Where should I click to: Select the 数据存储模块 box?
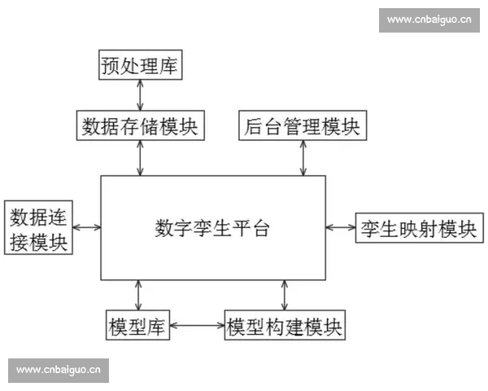click(140, 126)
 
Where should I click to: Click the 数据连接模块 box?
click(39, 228)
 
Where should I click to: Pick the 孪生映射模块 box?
click(417, 228)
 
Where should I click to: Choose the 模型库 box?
click(137, 327)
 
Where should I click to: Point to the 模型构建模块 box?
click(285, 327)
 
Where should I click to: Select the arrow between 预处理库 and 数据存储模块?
click(141, 95)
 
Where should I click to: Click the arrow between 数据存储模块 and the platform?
click(141, 158)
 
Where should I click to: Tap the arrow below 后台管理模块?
click(303, 158)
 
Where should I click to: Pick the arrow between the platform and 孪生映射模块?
click(340, 228)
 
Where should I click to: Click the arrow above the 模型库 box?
click(138, 294)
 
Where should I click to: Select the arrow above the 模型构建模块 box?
click(285, 294)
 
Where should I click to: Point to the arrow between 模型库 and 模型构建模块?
click(196, 327)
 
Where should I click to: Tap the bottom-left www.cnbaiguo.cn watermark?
click(59, 370)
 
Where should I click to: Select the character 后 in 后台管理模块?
click(253, 126)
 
